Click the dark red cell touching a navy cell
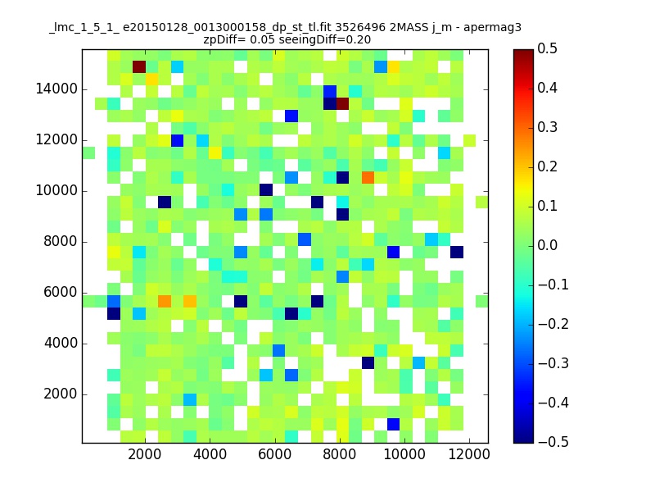(x=342, y=104)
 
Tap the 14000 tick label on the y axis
(x=56, y=89)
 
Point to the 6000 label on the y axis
(x=60, y=293)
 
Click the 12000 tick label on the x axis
(x=468, y=454)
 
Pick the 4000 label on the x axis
(x=210, y=454)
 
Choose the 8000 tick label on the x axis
(x=339, y=454)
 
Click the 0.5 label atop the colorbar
(x=547, y=48)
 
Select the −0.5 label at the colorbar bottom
(x=553, y=442)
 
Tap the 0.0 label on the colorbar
(x=547, y=245)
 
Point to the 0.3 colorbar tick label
(x=547, y=127)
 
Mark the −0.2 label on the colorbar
(x=553, y=324)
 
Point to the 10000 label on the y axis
(x=56, y=191)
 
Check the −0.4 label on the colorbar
(x=553, y=403)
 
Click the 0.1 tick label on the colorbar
(x=547, y=206)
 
